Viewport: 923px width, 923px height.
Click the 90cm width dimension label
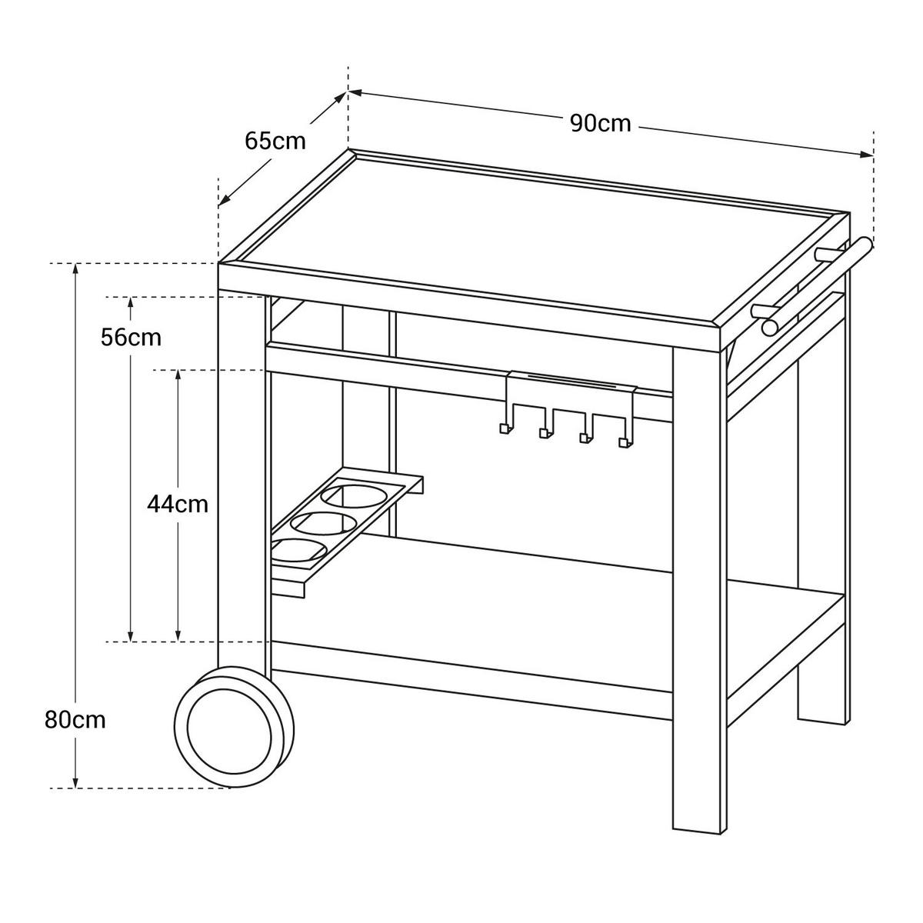pyautogui.click(x=600, y=123)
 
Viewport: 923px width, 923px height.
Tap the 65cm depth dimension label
pyautogui.click(x=275, y=141)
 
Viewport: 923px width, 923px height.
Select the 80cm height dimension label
pyautogui.click(x=75, y=720)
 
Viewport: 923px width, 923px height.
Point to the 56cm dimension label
pyautogui.click(x=131, y=337)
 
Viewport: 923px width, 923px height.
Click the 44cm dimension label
pyautogui.click(x=178, y=504)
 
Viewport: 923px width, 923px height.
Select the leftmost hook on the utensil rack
pyautogui.click(x=505, y=428)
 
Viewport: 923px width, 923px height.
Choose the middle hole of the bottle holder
pyautogui.click(x=323, y=524)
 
